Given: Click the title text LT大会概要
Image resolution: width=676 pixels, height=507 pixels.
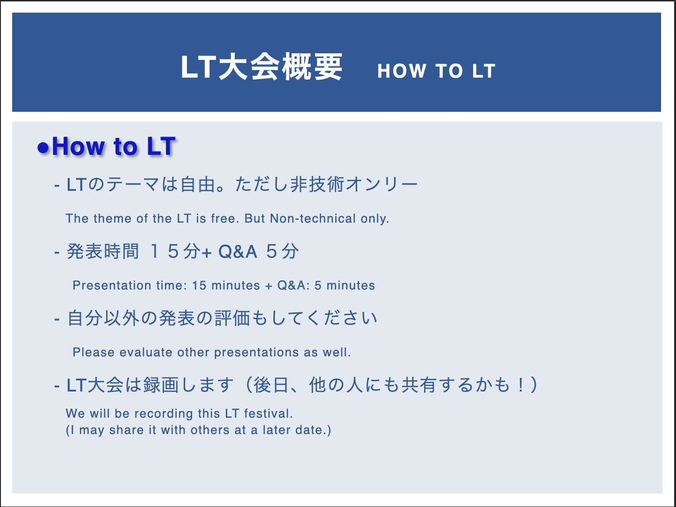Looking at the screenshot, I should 261,68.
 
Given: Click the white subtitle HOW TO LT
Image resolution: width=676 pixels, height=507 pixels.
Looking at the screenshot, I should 436,71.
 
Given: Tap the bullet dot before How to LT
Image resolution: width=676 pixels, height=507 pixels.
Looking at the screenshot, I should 43,148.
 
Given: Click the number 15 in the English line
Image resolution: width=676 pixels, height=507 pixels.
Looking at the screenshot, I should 199,285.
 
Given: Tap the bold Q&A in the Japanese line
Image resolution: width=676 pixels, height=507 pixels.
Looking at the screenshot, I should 237,252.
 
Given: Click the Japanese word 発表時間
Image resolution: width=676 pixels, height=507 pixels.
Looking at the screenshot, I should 103,252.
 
